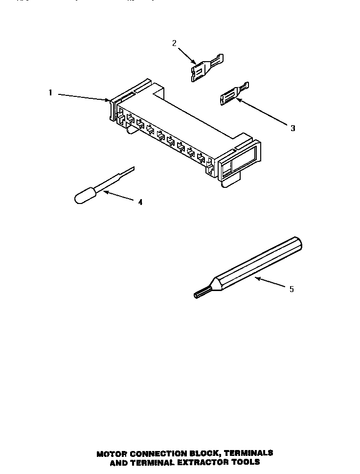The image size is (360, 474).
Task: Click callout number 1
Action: (x=50, y=92)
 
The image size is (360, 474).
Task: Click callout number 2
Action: (x=174, y=43)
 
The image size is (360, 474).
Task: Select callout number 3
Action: (x=292, y=128)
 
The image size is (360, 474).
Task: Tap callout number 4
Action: (x=140, y=202)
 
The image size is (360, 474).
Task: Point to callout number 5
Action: (x=292, y=289)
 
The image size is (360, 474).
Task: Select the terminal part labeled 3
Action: (x=233, y=94)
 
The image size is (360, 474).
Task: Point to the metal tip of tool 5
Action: (x=202, y=293)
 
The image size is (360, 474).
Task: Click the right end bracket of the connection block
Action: (x=240, y=160)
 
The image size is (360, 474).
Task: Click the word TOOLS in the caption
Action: (x=245, y=462)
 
